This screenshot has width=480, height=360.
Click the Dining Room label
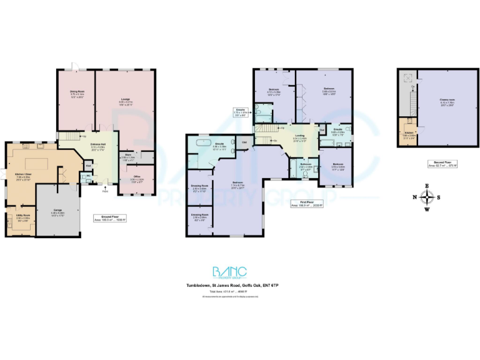[x=76, y=92]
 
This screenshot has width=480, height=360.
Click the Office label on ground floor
[x=136, y=178]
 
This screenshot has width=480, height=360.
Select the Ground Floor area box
[x=110, y=219]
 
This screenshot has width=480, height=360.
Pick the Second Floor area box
[x=442, y=164]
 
